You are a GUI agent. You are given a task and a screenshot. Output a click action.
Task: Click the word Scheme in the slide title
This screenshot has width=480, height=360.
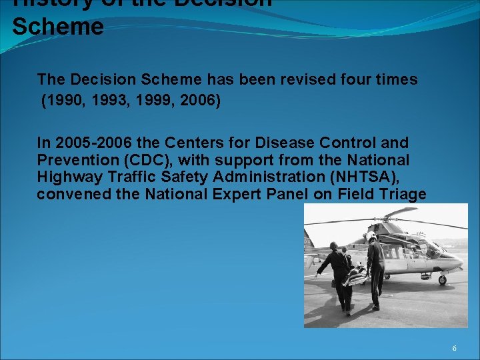tap(58, 27)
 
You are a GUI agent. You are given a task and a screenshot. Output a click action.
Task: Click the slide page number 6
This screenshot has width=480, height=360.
tap(455, 349)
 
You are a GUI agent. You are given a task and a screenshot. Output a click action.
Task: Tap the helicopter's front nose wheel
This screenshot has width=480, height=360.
tap(441, 280)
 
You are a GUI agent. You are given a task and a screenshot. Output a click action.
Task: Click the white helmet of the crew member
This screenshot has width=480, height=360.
tap(371, 236)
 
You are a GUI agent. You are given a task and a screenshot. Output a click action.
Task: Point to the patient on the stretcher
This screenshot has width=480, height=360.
tap(356, 273)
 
